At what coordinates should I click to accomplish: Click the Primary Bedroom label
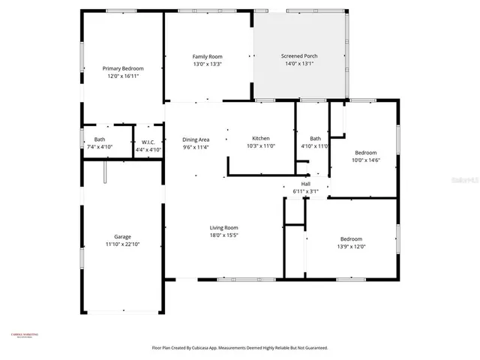122,68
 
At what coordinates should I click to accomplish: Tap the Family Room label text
207,56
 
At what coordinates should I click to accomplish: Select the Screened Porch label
298,56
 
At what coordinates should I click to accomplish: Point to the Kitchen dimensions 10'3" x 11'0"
261,146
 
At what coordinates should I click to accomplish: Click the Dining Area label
196,139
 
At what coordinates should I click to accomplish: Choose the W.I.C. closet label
148,142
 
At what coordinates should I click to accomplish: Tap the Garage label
122,236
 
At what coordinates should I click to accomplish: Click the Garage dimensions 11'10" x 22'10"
122,244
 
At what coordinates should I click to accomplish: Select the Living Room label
224,228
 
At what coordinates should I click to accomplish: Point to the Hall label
305,184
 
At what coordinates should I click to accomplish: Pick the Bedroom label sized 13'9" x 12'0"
351,238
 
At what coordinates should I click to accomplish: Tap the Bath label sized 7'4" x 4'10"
100,139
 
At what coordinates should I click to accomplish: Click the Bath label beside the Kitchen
315,138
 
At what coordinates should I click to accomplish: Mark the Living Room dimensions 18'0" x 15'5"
224,235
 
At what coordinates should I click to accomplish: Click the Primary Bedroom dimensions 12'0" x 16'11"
122,76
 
